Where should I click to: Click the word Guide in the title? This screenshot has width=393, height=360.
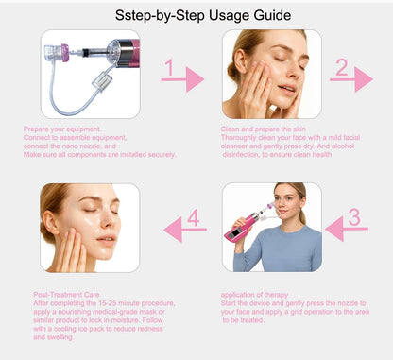269,16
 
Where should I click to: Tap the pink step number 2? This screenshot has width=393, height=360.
342,67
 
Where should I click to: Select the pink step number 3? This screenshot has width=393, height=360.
354,216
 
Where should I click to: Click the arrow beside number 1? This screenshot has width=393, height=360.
189,80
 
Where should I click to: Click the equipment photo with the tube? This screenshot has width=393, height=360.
89,74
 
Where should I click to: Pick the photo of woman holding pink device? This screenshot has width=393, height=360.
271,227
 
